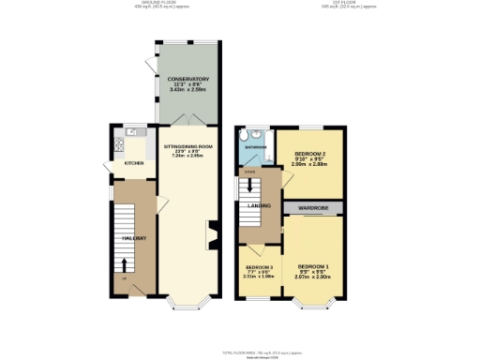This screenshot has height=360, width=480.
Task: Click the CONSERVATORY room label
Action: coord(188,79)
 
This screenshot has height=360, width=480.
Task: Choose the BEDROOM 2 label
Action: coord(310,153)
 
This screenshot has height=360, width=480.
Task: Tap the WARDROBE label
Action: coord(312,207)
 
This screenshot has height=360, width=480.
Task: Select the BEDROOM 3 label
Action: coord(256,267)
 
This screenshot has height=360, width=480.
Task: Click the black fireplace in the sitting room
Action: coord(211,235)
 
